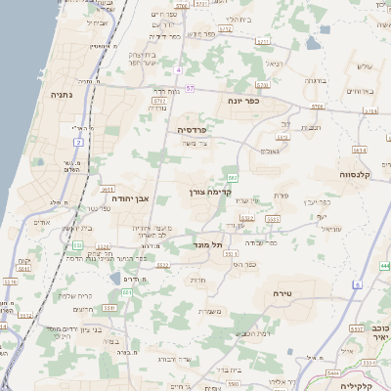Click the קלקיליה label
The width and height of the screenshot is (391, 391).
point(364,385)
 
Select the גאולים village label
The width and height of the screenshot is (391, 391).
point(272,150)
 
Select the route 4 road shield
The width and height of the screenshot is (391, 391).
point(180,70)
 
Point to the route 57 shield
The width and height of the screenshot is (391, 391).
point(191,89)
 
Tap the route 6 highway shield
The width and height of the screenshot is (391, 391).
point(358,283)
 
